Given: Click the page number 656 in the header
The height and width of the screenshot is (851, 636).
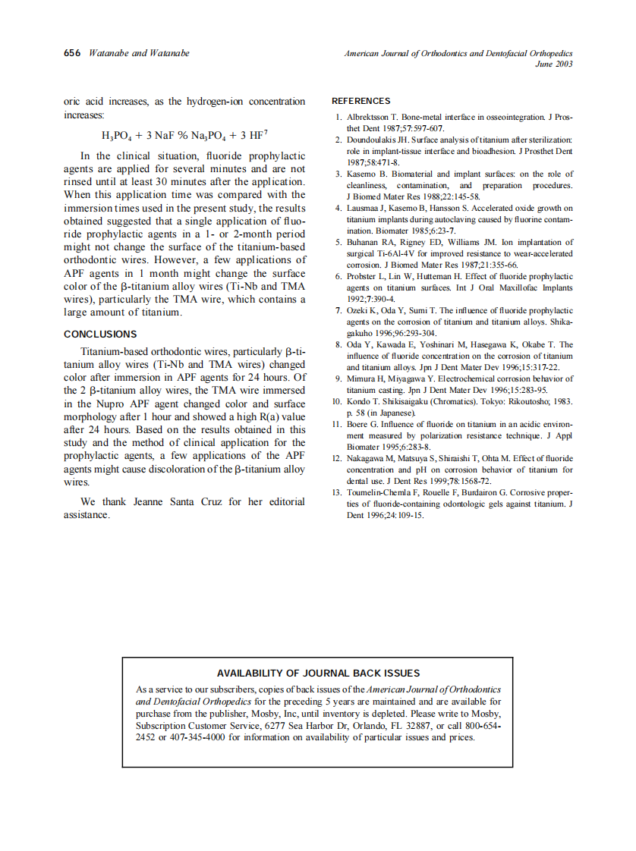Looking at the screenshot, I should (72, 53).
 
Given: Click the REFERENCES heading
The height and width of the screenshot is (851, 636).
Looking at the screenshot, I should (361, 101).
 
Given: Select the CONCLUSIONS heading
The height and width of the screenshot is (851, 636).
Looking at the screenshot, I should (100, 334).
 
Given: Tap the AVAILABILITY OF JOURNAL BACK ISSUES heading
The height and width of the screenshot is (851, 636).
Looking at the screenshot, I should (318, 673).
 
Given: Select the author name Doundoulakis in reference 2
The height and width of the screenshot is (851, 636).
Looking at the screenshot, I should (373, 140).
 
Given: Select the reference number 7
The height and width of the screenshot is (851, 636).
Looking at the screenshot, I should (338, 310).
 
